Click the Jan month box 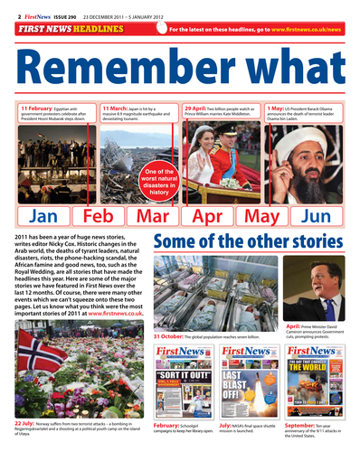43,217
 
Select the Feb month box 98,217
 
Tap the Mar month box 152,217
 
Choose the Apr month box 207,217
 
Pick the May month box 261,217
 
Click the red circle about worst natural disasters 159,182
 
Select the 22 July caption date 25,422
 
